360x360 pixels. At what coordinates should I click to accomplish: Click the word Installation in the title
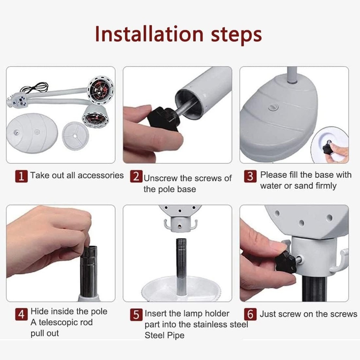click(149, 34)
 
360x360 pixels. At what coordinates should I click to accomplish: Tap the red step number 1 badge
click(21, 176)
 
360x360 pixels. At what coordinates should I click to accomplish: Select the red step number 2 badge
click(136, 176)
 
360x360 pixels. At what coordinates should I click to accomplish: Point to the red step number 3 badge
click(250, 176)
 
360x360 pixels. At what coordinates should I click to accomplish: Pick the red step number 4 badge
click(21, 314)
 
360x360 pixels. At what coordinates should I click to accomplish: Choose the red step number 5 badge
click(136, 315)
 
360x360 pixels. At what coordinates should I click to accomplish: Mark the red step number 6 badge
click(250, 314)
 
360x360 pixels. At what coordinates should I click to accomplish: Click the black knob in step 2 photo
click(163, 119)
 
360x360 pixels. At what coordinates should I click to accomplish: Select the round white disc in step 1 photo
click(76, 136)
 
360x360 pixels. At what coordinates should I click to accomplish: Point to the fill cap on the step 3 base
click(273, 107)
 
